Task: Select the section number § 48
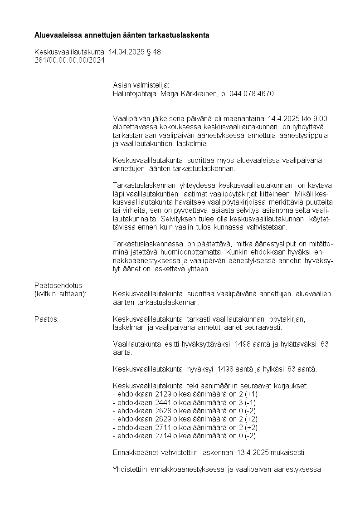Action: tap(153, 52)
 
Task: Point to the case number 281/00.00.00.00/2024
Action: tap(69, 60)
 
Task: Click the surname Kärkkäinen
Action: tap(198, 94)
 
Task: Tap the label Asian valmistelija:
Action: tap(141, 85)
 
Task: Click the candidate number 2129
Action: tap(163, 394)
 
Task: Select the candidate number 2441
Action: tap(163, 402)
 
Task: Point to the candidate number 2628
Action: tap(163, 411)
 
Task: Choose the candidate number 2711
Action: tap(163, 427)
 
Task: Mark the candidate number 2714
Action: tap(163, 435)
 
